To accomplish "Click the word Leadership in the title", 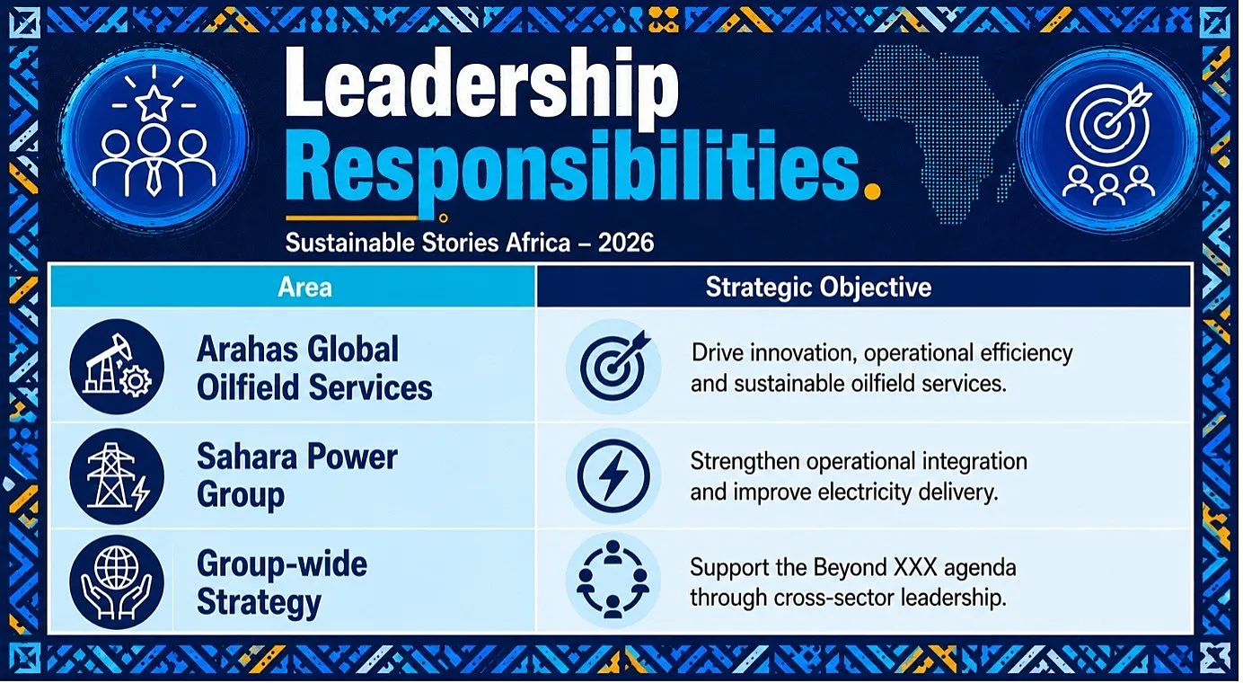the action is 481,84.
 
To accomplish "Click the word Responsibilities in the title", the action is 573,165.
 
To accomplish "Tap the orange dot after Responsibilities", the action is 873,191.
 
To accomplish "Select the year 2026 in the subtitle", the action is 626,243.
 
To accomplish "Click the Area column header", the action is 304,287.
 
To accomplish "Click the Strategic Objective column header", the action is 818,287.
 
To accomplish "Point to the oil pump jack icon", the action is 117,366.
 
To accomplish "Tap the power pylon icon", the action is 117,476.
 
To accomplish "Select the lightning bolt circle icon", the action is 613,476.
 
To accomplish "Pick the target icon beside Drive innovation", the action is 614,366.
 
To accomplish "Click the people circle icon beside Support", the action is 613,580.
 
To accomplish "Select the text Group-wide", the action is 282,564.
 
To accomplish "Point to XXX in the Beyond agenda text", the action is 915,567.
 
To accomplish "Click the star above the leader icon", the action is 154,102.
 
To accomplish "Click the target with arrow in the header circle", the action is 1108,123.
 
